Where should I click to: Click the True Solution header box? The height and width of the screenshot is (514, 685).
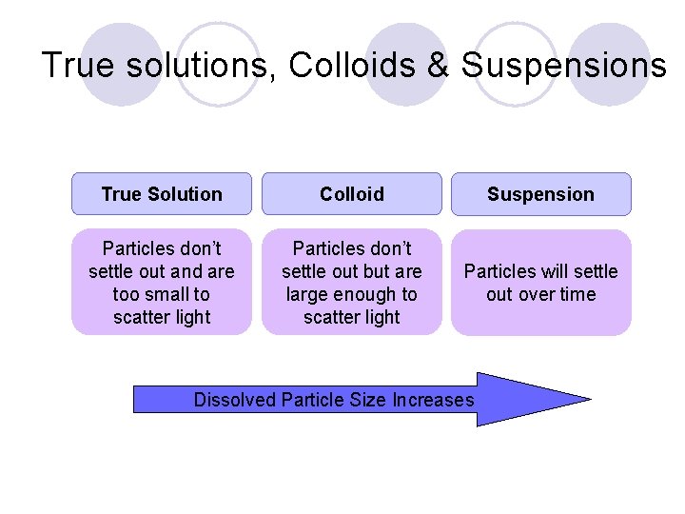162,194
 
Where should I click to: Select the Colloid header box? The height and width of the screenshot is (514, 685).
352,194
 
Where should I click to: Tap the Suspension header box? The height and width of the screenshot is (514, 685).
540,194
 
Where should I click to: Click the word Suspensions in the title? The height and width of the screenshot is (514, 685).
563,67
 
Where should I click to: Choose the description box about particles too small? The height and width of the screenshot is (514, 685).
162,283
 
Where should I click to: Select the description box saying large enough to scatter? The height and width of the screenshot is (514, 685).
352,283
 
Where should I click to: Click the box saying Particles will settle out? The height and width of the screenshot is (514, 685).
540,283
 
